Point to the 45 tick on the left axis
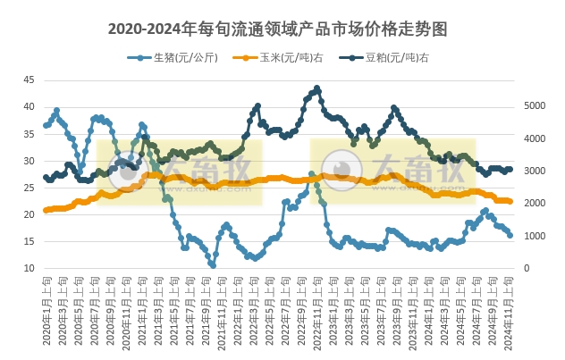pyautogui.click(x=29, y=80)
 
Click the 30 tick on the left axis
pyautogui.click(x=29, y=161)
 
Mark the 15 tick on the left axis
pyautogui.click(x=29, y=242)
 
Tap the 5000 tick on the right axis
pyautogui.click(x=532, y=105)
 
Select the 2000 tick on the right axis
pyautogui.click(x=532, y=204)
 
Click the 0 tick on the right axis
pyautogui.click(x=526, y=269)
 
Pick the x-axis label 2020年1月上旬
pyautogui.click(x=46, y=313)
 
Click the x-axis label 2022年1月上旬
pyautogui.click(x=240, y=313)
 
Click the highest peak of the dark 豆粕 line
pyautogui.click(x=317, y=88)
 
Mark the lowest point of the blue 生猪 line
pyautogui.click(x=213, y=265)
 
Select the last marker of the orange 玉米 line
pyautogui.click(x=510, y=202)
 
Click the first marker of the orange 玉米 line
pyautogui.click(x=46, y=211)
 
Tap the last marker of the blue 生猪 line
pyautogui.click(x=510, y=236)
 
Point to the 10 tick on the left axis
pyautogui.click(x=29, y=269)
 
